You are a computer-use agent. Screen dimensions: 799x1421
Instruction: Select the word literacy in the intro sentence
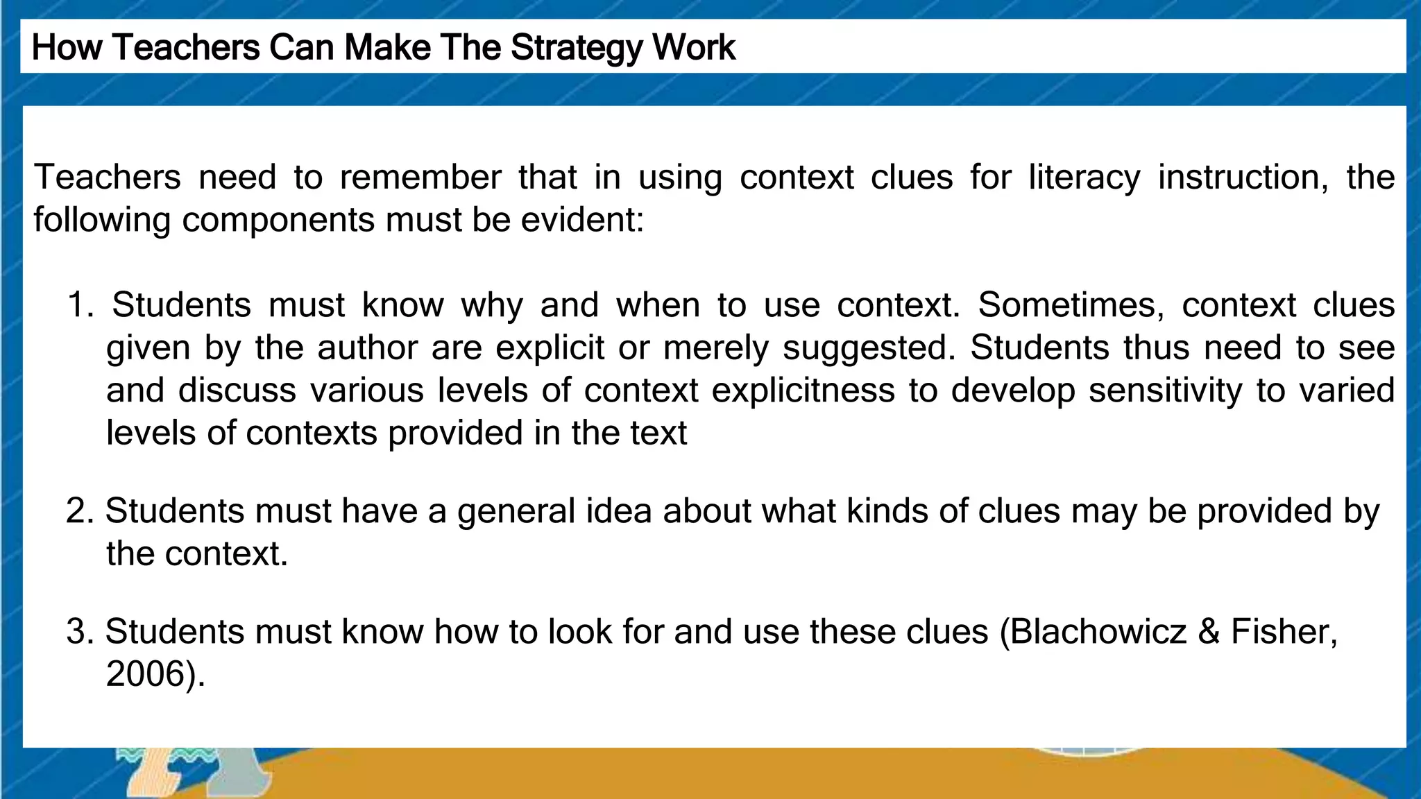click(1084, 178)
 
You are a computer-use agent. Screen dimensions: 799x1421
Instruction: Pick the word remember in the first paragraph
click(420, 178)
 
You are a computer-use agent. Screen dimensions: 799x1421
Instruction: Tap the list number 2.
click(79, 511)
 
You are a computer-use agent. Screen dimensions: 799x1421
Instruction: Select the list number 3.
click(79, 632)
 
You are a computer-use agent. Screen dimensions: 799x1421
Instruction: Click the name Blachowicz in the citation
click(1098, 632)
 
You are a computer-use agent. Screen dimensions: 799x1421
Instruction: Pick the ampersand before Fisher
click(1209, 632)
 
